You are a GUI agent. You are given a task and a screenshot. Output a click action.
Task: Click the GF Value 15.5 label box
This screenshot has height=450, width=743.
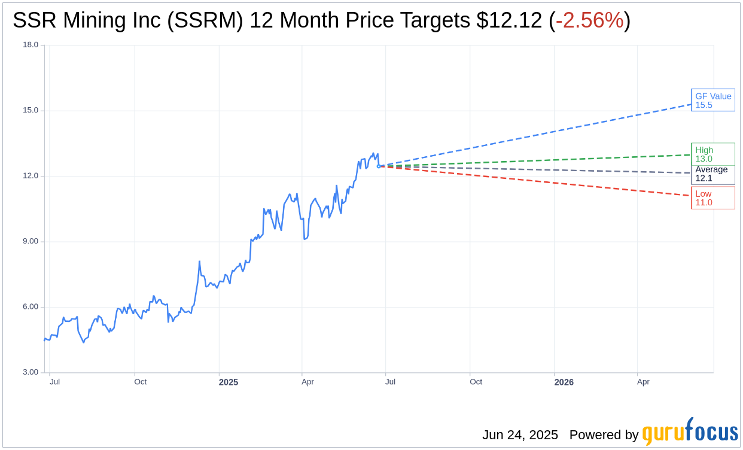click(712, 100)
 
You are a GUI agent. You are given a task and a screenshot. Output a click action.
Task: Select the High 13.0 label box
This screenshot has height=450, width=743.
click(712, 154)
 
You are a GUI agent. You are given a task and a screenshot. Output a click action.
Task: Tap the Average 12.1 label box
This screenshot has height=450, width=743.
click(712, 174)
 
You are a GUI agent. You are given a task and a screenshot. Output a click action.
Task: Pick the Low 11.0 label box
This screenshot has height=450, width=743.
click(712, 197)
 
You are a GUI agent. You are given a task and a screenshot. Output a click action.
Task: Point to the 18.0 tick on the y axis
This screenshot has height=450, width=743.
click(31, 45)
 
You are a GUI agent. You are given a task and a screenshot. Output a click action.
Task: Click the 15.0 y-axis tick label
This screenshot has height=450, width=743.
click(31, 110)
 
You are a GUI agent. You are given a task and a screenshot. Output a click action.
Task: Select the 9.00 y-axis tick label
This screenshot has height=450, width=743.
click(31, 241)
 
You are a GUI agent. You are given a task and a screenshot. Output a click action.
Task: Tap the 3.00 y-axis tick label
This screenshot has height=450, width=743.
click(31, 372)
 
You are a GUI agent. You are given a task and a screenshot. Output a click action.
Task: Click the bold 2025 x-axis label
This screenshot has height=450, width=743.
click(229, 382)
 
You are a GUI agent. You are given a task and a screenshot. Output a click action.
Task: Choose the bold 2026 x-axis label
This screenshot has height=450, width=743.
click(564, 382)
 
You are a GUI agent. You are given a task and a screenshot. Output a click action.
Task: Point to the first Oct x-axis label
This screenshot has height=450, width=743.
click(140, 382)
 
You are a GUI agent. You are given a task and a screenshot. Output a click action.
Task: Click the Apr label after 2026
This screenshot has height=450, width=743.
click(643, 382)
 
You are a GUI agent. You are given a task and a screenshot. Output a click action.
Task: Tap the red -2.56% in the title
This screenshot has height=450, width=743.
click(589, 20)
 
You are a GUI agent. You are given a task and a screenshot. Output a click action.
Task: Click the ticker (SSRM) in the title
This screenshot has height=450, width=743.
click(205, 20)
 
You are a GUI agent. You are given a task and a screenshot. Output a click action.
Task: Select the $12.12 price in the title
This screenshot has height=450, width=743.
click(510, 20)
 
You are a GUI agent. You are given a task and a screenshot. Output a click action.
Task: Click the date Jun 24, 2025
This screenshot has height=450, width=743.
click(520, 435)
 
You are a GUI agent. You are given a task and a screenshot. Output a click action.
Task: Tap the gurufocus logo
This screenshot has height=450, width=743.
click(689, 432)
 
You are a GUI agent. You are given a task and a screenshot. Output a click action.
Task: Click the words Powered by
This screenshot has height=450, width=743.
click(604, 435)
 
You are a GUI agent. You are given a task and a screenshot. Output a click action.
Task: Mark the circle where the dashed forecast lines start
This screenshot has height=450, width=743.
click(379, 166)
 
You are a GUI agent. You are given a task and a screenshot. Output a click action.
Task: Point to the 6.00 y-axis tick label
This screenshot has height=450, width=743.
click(31, 306)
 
